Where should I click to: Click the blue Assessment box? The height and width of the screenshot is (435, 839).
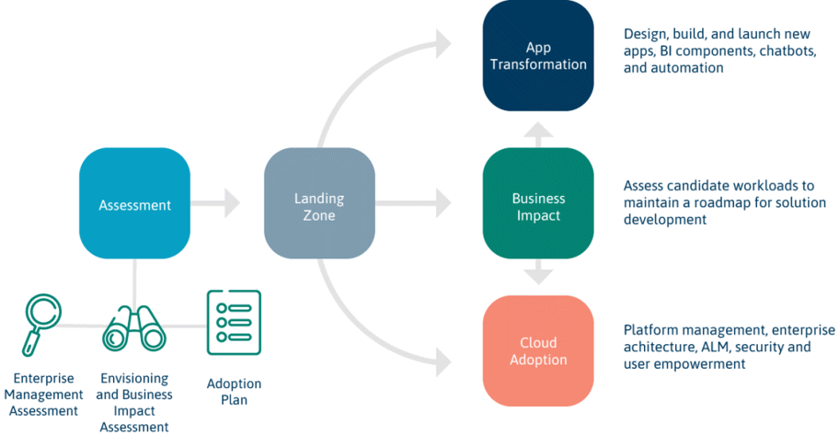(134, 203)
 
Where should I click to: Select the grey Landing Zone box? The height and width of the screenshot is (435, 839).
(319, 203)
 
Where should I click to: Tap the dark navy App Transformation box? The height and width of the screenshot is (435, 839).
(538, 56)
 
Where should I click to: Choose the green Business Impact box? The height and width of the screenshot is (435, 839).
(538, 203)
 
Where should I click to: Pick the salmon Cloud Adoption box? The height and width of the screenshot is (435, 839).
(538, 351)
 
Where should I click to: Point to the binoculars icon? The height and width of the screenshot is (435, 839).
(134, 328)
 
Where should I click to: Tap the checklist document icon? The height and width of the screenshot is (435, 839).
(234, 323)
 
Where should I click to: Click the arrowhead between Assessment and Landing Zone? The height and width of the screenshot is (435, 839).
(232, 203)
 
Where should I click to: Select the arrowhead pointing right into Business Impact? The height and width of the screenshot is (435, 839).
(443, 203)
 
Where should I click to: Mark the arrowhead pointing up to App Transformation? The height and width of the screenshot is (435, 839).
(538, 129)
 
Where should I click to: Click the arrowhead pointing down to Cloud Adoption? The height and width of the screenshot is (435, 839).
(538, 277)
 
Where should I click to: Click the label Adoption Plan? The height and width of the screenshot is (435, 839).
(234, 392)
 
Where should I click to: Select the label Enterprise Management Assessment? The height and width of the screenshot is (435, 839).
(43, 395)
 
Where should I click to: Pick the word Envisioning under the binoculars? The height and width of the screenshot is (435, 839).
(134, 378)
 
